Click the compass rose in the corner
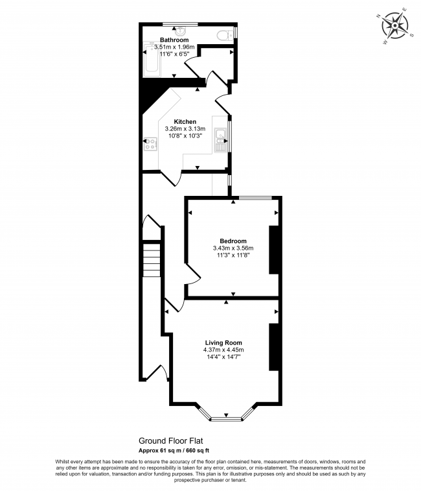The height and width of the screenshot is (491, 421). (394, 25)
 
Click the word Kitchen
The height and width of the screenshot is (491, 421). (185, 121)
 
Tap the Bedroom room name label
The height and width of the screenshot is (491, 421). (233, 241)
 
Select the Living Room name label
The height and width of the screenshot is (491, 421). (223, 342)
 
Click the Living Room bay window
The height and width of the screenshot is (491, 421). (226, 418)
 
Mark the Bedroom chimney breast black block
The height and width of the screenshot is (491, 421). (275, 249)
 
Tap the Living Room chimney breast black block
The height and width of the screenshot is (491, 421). (275, 346)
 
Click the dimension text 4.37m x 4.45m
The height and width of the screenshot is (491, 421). (223, 350)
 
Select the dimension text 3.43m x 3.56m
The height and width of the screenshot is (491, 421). (233, 248)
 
